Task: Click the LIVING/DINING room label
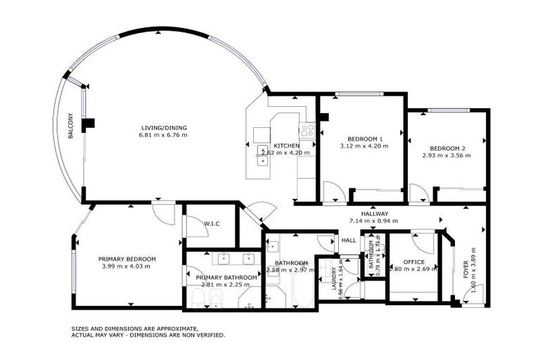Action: [163, 127]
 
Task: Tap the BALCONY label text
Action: [71, 126]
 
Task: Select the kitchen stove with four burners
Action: [307, 130]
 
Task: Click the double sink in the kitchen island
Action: [262, 160]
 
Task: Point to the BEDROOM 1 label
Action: [364, 138]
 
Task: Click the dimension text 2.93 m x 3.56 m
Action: [446, 155]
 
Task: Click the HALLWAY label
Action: [375, 213]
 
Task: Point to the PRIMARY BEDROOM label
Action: [127, 259]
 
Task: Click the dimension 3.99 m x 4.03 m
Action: [127, 266]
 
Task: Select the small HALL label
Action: [349, 240]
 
